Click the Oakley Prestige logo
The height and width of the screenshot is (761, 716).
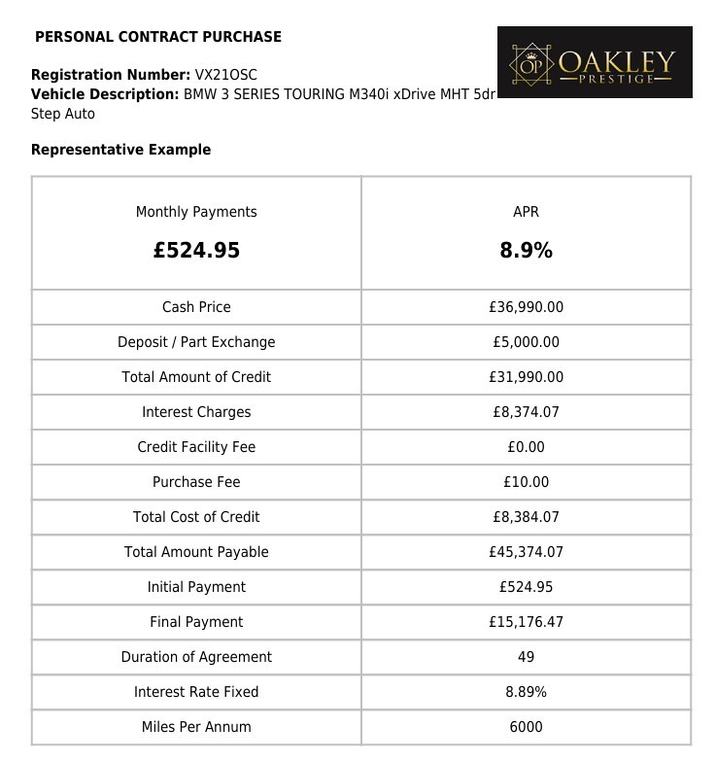pyautogui.click(x=595, y=62)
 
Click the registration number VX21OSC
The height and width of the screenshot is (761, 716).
pyautogui.click(x=225, y=75)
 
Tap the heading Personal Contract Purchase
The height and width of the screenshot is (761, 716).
pyautogui.click(x=158, y=37)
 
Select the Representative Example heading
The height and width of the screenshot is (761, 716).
pyautogui.click(x=120, y=150)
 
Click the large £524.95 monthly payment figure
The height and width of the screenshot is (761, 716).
pyautogui.click(x=196, y=251)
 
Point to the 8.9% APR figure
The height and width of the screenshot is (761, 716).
pyautogui.click(x=526, y=251)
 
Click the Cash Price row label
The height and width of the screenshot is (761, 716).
pyautogui.click(x=196, y=307)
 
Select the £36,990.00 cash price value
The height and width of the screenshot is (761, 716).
pyautogui.click(x=526, y=307)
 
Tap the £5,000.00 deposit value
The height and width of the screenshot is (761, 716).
pyautogui.click(x=526, y=342)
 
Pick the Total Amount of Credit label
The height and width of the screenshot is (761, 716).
pyautogui.click(x=196, y=377)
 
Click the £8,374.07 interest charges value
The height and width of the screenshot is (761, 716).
pyautogui.click(x=526, y=412)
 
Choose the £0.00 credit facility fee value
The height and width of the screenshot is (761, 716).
pyautogui.click(x=526, y=447)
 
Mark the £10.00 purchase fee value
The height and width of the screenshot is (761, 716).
pyautogui.click(x=526, y=482)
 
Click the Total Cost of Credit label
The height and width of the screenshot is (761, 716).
pyautogui.click(x=196, y=517)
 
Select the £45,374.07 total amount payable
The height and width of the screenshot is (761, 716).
pyautogui.click(x=526, y=552)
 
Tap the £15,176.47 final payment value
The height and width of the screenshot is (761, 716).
pyautogui.click(x=526, y=622)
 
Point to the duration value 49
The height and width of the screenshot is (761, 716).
pyautogui.click(x=526, y=657)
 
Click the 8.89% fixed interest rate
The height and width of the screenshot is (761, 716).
pyautogui.click(x=526, y=692)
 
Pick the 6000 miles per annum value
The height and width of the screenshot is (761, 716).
pyautogui.click(x=526, y=727)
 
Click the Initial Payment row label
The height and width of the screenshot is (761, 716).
pyautogui.click(x=196, y=587)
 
